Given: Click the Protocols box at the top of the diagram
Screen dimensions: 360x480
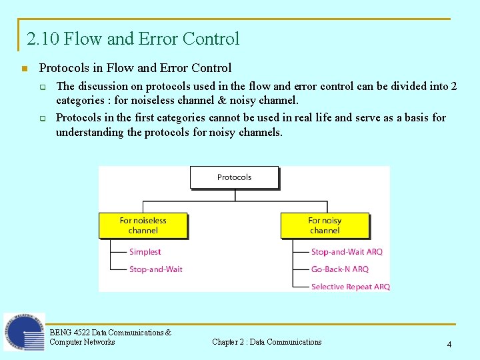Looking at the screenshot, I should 234,177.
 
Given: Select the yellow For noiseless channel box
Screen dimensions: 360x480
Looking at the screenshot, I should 143,225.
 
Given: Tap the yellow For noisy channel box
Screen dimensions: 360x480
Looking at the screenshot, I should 324,225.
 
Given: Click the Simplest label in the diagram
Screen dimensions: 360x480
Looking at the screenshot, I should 145,252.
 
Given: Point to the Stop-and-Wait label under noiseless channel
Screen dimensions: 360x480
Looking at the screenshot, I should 155,269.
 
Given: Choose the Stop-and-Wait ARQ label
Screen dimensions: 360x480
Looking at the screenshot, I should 347,252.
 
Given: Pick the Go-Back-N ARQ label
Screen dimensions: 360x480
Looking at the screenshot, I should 339,269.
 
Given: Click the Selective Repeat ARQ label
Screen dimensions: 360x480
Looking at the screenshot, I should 350,287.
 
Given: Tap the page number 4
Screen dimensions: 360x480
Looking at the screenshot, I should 449,345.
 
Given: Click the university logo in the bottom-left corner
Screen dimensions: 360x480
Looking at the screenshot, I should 24,331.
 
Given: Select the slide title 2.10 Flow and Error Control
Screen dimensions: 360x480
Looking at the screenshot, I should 133,39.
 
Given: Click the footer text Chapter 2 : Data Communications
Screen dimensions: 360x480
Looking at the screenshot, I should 267,342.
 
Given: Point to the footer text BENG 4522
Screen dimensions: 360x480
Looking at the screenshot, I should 69,332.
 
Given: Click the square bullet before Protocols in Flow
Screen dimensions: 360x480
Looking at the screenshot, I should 24,69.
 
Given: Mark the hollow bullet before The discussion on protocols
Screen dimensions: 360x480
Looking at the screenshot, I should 41,87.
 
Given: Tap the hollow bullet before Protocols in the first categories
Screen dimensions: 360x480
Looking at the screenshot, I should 41,119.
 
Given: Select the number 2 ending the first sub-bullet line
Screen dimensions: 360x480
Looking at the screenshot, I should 453,86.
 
